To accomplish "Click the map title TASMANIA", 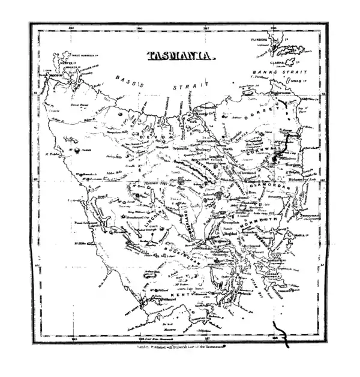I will click(x=180, y=56).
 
